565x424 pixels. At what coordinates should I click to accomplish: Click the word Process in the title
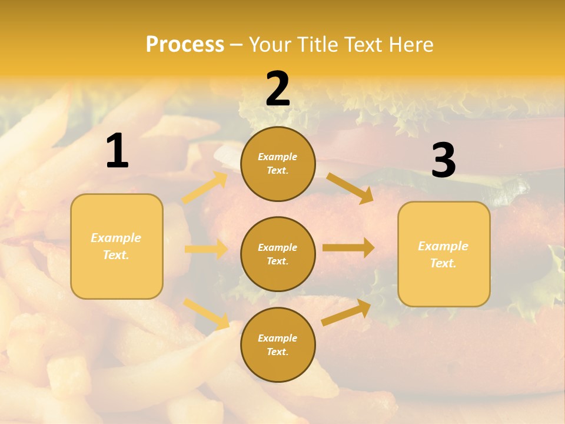pyautogui.click(x=185, y=45)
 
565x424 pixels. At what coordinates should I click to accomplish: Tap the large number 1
pyautogui.click(x=117, y=151)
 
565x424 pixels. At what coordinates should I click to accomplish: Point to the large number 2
pyautogui.click(x=278, y=89)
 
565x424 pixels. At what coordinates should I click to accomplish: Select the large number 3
pyautogui.click(x=443, y=160)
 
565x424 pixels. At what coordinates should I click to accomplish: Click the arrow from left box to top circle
pyautogui.click(x=205, y=188)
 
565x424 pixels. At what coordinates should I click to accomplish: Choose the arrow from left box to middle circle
pyautogui.click(x=205, y=249)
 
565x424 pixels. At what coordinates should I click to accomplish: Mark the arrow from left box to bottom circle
pyautogui.click(x=206, y=313)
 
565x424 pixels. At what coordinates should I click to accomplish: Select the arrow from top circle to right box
pyautogui.click(x=350, y=188)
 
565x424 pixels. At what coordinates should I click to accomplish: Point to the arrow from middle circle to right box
pyautogui.click(x=348, y=247)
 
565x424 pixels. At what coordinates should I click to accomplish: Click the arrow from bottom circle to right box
pyautogui.click(x=346, y=313)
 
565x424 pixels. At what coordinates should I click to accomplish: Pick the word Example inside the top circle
pyautogui.click(x=278, y=157)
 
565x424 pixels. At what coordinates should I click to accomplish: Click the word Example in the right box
pyautogui.click(x=443, y=246)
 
